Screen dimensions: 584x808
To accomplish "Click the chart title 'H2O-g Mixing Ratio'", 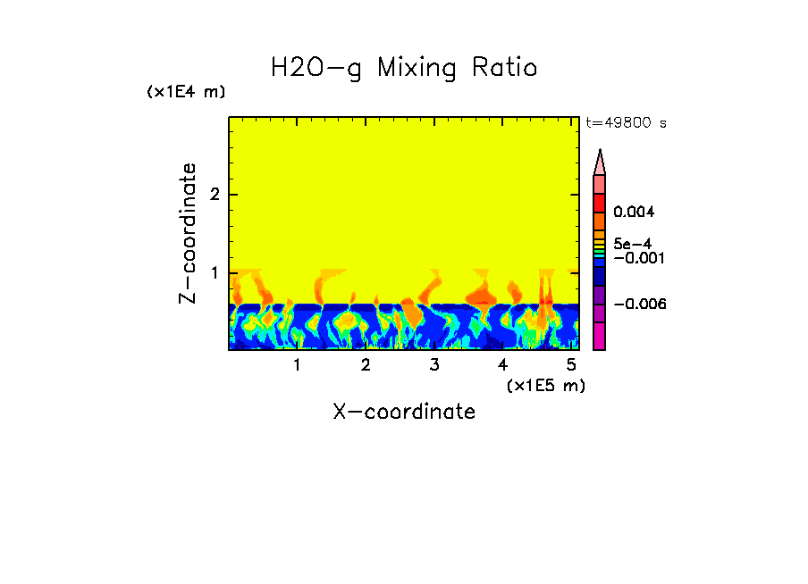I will [404, 68].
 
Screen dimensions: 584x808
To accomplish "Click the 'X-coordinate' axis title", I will [404, 412].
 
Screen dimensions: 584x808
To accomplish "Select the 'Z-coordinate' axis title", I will [188, 233].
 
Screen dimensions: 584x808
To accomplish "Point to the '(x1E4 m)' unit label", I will [186, 92].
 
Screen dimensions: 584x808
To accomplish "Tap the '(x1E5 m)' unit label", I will [545, 385].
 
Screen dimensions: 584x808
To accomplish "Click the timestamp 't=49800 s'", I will [626, 123].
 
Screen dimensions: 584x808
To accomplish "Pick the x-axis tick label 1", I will [297, 364].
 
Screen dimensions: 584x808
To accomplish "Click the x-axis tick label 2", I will [366, 364].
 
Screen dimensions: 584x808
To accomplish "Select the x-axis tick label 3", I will [434, 364].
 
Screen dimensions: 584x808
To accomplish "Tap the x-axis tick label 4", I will [502, 364].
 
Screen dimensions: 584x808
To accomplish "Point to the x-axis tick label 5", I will [571, 364].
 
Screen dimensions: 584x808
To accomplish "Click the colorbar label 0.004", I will [634, 213].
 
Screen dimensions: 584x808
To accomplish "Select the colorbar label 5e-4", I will [632, 243].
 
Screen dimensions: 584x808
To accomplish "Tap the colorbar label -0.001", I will [637, 258].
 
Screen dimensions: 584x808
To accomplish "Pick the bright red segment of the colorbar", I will [600, 203].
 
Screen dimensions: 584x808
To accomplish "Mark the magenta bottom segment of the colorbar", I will [600, 336].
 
